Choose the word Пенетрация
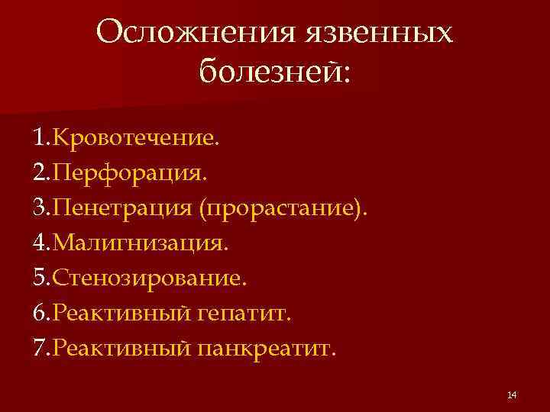[x=124, y=208]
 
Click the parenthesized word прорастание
[x=280, y=208]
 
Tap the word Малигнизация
[x=138, y=243]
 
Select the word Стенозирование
[x=149, y=278]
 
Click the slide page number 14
[x=512, y=394]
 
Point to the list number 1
[x=39, y=139]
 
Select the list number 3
[x=39, y=208]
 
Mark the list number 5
[x=39, y=278]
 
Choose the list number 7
[x=39, y=349]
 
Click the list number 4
[x=39, y=243]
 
